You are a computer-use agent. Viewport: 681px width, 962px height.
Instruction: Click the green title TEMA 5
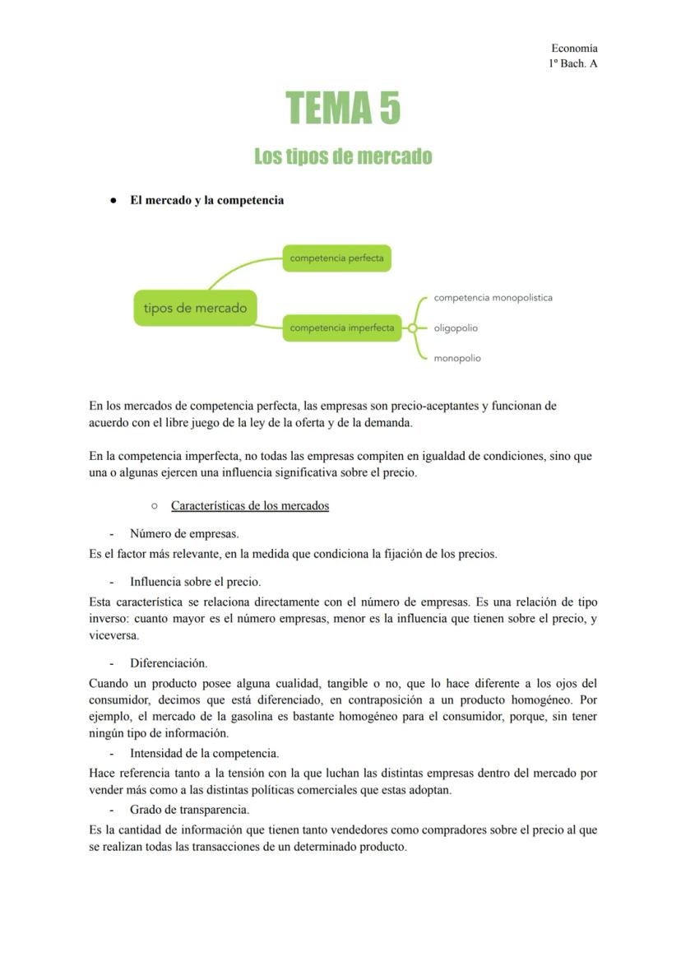tap(343, 109)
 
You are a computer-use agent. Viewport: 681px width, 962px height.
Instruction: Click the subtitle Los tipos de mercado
tap(343, 156)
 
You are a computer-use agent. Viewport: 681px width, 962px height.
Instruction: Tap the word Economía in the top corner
tap(574, 49)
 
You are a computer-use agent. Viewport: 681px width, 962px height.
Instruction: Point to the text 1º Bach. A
tap(572, 63)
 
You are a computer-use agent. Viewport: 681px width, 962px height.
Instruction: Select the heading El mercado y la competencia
tap(206, 200)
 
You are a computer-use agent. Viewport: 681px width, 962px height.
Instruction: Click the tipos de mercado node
tap(195, 309)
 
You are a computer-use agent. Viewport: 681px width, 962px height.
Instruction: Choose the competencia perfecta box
tap(336, 258)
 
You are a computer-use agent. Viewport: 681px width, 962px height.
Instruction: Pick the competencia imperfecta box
tap(341, 328)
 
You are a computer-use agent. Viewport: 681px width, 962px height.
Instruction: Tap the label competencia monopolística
tap(493, 298)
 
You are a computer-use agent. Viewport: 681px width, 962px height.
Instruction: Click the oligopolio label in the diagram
tap(456, 328)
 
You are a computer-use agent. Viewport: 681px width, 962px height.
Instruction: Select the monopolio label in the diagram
tap(457, 358)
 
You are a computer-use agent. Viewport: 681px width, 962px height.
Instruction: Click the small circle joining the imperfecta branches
tap(413, 328)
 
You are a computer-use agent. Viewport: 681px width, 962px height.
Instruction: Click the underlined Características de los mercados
tap(250, 505)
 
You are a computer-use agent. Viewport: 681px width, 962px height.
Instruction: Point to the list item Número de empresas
tap(184, 534)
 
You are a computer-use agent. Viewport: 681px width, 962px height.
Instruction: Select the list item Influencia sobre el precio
tap(195, 582)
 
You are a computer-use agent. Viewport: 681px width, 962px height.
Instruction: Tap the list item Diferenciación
tap(169, 662)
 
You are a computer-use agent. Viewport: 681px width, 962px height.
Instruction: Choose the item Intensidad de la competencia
tap(204, 753)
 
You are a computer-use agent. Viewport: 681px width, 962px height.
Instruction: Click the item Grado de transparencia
tap(189, 810)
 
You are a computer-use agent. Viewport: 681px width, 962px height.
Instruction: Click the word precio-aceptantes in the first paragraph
tap(433, 406)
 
